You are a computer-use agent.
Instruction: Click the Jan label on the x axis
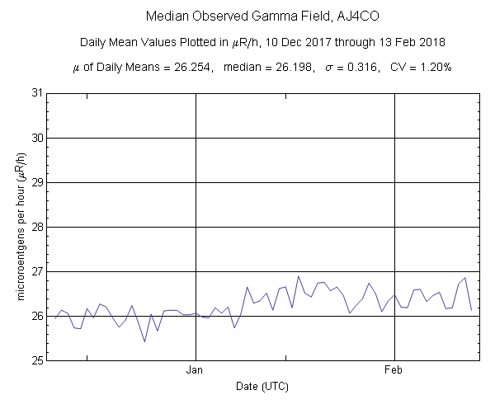[x=196, y=370]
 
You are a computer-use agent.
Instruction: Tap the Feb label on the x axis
[x=396, y=370]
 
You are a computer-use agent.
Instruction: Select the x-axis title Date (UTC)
[x=262, y=386]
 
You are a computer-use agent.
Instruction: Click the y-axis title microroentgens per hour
[x=18, y=227]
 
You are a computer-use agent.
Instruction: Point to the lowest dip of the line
[x=145, y=341]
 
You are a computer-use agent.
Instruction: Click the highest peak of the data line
[x=299, y=276]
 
